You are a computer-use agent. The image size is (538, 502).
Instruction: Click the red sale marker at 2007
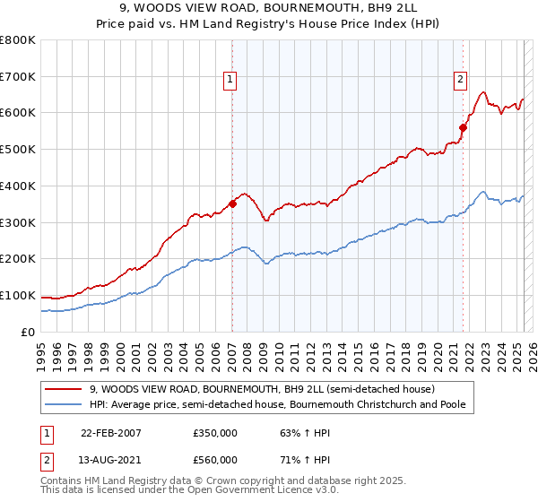pyautogui.click(x=232, y=203)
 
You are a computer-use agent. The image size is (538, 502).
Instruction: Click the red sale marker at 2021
pyautogui.click(x=464, y=127)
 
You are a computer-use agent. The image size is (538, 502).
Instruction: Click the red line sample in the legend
pyautogui.click(x=63, y=389)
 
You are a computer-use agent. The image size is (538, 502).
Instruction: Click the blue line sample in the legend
pyautogui.click(x=63, y=404)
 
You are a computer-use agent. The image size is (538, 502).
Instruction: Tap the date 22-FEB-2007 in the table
pyautogui.click(x=111, y=432)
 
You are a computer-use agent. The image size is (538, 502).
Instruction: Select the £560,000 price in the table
pyautogui.click(x=215, y=460)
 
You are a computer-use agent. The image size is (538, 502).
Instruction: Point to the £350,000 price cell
pyautogui.click(x=215, y=432)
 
